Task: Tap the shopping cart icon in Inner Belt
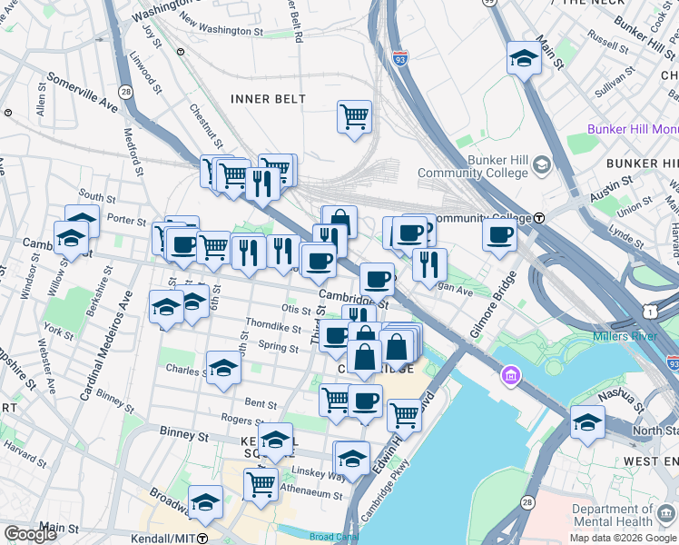[x=354, y=116]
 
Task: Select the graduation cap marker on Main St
[x=524, y=58]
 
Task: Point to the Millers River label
[x=624, y=337]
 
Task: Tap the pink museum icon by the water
[x=511, y=375]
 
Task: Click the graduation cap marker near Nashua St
[x=587, y=422]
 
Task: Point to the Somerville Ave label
[x=83, y=93]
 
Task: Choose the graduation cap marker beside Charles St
[x=223, y=368]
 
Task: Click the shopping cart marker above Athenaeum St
[x=261, y=483]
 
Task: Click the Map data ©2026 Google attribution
[x=622, y=538]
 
